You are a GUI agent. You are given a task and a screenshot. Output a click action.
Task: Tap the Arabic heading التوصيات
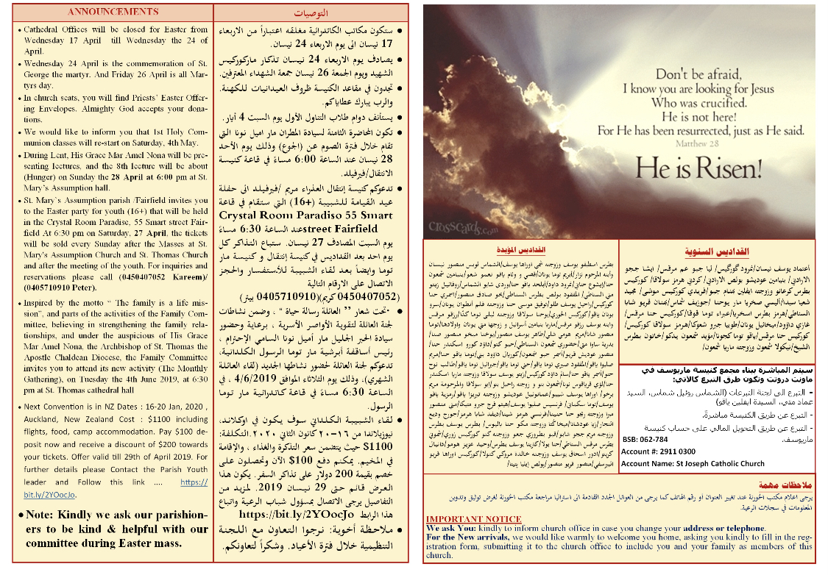click(x=311, y=13)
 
